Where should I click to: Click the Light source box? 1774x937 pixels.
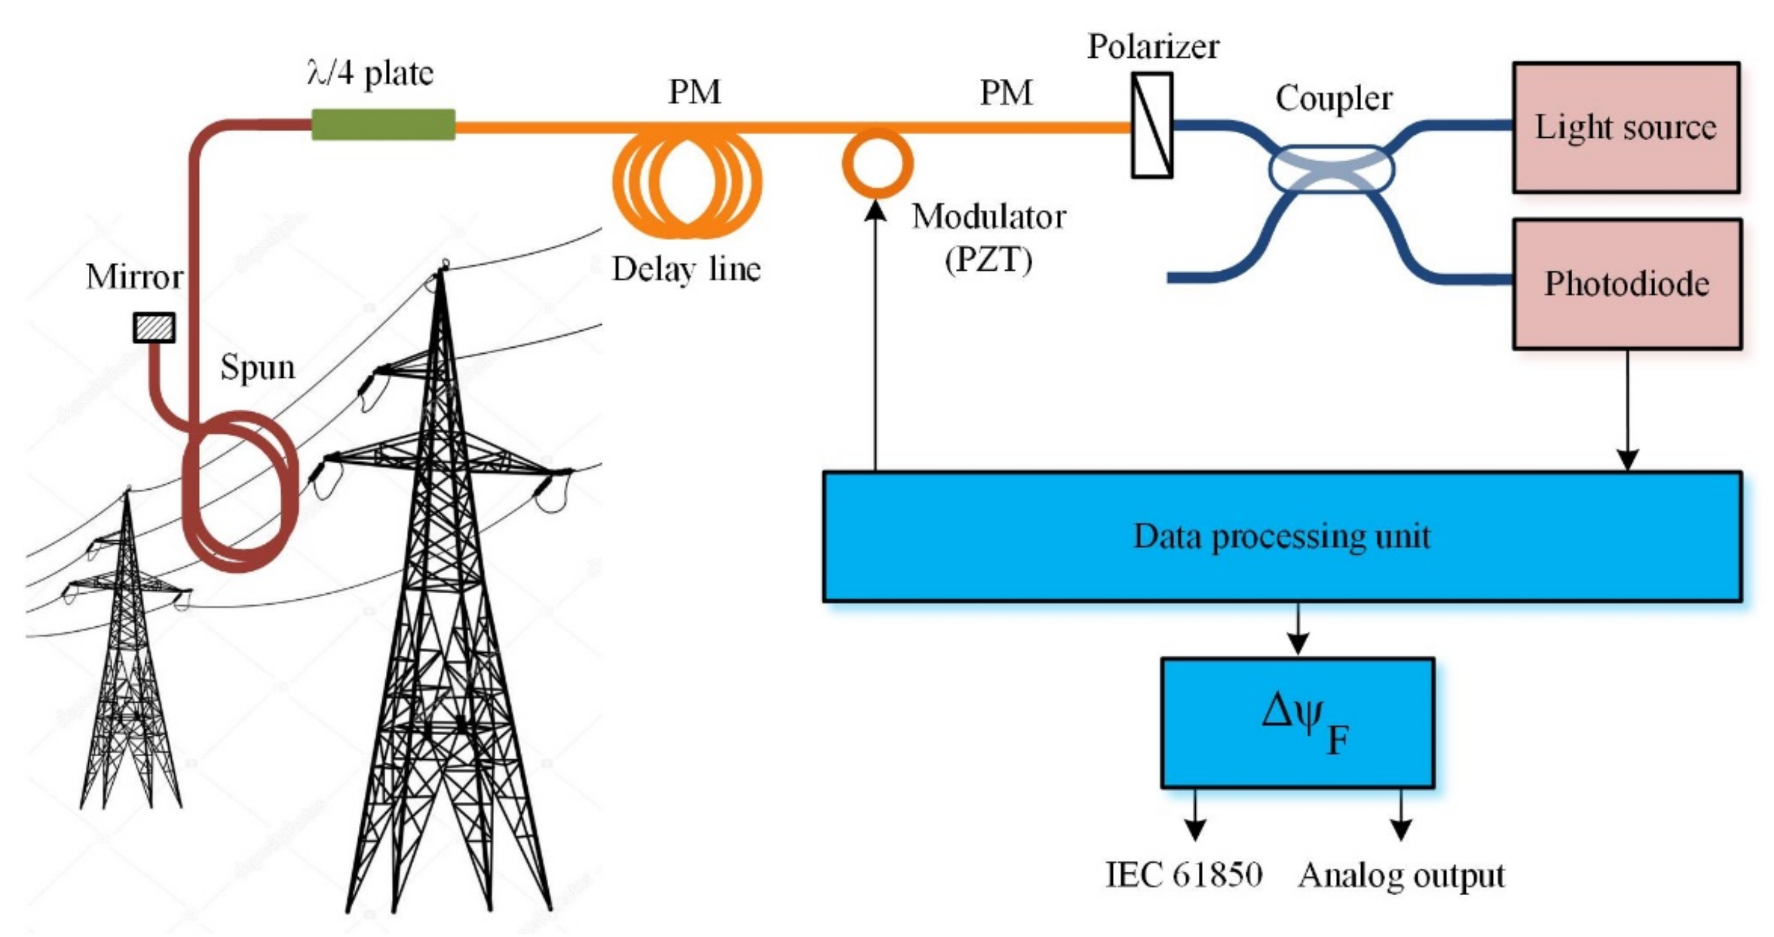pos(1625,128)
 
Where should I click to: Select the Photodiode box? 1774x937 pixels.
pos(1626,284)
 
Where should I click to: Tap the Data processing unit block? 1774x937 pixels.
pos(1282,536)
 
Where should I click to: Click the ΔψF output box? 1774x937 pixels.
pos(1298,723)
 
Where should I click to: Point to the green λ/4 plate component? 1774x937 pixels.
pos(383,125)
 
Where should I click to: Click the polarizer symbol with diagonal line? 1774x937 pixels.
pos(1152,125)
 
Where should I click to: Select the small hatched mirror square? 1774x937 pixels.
pos(154,328)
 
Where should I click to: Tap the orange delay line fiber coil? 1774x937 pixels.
pos(687,182)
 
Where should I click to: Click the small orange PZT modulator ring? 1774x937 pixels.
pos(878,164)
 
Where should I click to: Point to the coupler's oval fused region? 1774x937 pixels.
pos(1331,168)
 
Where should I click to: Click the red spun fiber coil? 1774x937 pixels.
pos(241,490)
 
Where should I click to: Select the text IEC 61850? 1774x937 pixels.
pos(1183,875)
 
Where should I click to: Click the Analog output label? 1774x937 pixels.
pos(1400,876)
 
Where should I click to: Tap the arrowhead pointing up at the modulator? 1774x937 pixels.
pos(875,209)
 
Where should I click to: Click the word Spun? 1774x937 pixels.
pos(257,367)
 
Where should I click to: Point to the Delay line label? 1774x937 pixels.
pos(686,269)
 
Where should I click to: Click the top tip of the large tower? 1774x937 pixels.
pos(443,265)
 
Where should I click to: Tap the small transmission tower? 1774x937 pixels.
pos(128,654)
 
